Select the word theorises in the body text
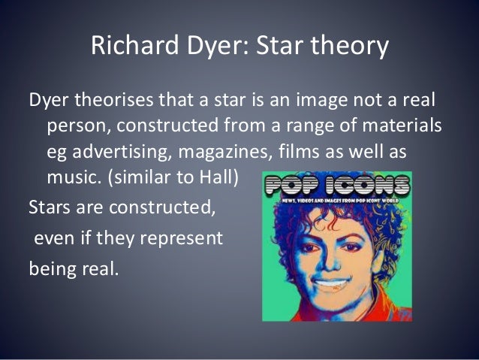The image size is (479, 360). pyautogui.click(x=121, y=99)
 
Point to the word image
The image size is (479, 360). pyautogui.click(x=307, y=99)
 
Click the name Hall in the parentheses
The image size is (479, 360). pyautogui.click(x=227, y=177)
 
